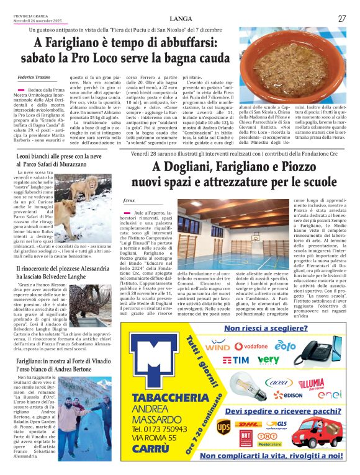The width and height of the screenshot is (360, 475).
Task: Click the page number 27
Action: coord(342,19)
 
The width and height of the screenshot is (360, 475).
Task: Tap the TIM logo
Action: coord(236,360)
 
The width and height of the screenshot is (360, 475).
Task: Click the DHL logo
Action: coord(248,425)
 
